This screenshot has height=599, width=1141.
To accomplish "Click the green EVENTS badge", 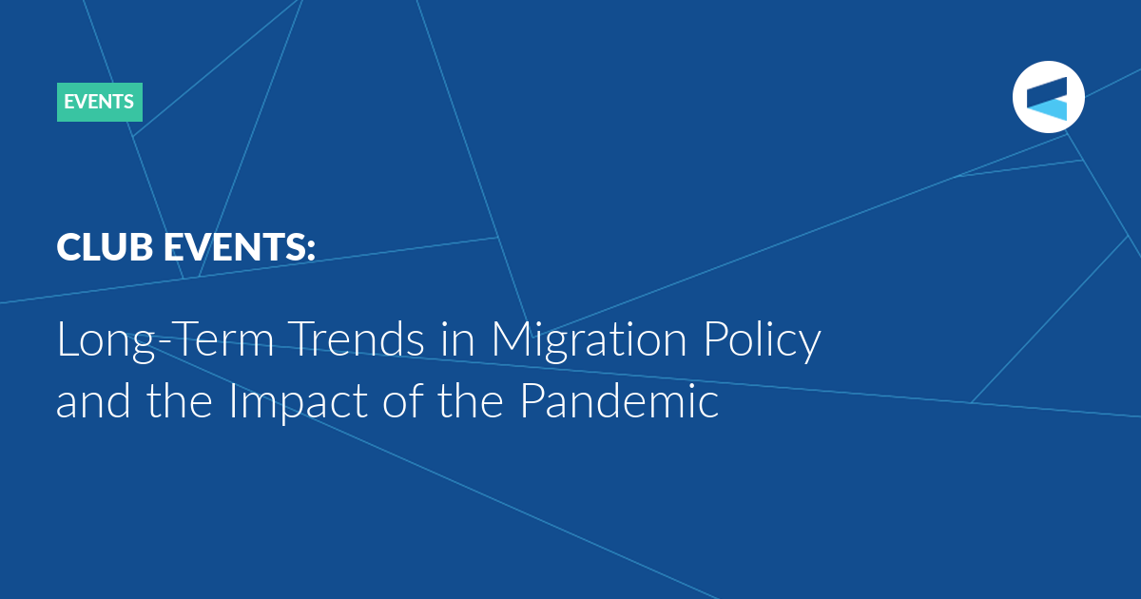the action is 100,102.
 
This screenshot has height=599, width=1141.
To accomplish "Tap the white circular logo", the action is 1048,97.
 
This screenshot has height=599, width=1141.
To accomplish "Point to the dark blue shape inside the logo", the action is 1047,91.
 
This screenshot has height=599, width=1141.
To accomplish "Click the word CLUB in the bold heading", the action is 105,246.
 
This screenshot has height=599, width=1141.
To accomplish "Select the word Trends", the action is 358,338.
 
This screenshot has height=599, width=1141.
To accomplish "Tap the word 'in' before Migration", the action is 458,338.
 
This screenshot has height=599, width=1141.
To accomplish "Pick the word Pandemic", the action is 620,400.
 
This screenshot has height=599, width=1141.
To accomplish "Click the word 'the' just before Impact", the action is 180,400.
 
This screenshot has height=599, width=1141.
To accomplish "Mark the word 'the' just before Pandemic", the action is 471,400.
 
